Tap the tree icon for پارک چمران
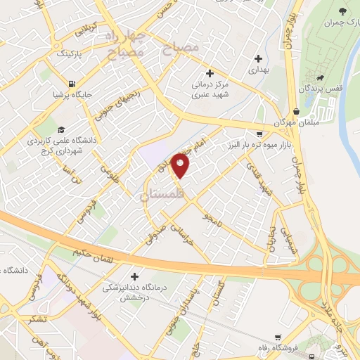coord(343,11)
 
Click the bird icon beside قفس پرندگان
coord(321,78)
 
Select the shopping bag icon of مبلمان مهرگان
coord(296,111)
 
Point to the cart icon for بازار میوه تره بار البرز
coord(259,134)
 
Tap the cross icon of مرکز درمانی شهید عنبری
coord(210,73)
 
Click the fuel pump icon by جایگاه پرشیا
coord(55,92)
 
